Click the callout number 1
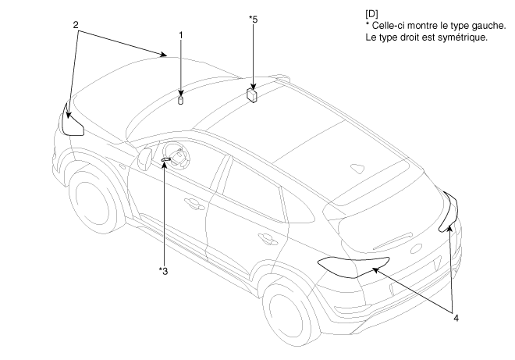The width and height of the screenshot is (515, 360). pyautogui.click(x=181, y=35)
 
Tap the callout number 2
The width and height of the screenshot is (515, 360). pyautogui.click(x=76, y=25)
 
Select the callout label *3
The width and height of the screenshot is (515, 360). pyautogui.click(x=163, y=270)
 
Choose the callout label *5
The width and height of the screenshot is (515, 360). pyautogui.click(x=253, y=19)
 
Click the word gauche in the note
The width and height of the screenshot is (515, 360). pyautogui.click(x=484, y=27)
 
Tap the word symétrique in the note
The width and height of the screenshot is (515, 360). pyautogui.click(x=460, y=37)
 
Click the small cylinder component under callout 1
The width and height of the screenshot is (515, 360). pyautogui.click(x=181, y=99)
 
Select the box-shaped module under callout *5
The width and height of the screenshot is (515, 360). pyautogui.click(x=253, y=94)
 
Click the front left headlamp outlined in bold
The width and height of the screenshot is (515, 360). pyautogui.click(x=73, y=123)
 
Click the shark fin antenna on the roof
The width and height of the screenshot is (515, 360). pyautogui.click(x=357, y=168)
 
